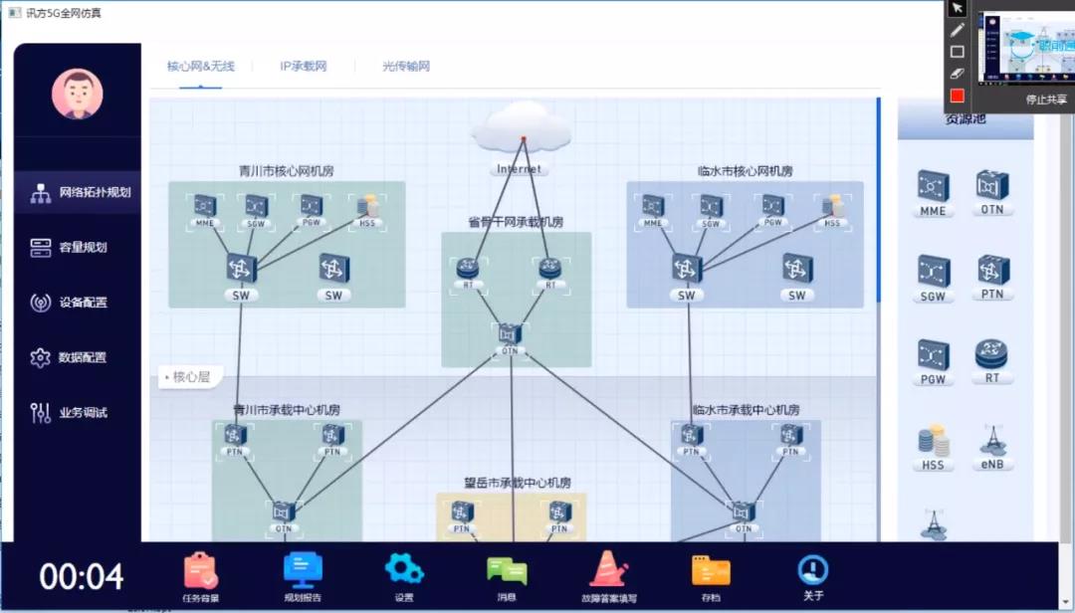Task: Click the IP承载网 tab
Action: point(304,67)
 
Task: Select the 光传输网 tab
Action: point(406,67)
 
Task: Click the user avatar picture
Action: point(78,94)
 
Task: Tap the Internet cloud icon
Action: point(521,129)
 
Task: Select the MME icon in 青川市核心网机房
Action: point(205,206)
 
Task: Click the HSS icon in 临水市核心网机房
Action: point(832,206)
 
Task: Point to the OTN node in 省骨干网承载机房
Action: point(511,334)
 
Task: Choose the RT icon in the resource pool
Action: point(991,354)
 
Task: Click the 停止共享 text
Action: point(1046,100)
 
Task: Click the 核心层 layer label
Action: point(190,377)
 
